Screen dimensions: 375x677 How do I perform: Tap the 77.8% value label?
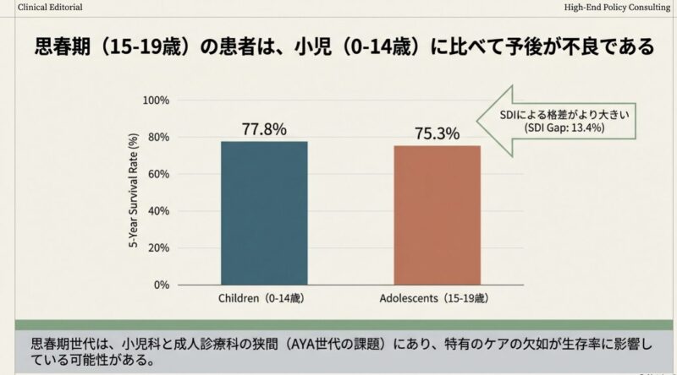[264, 129]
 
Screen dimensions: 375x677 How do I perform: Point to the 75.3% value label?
[437, 133]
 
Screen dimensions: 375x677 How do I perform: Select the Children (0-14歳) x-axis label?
[264, 300]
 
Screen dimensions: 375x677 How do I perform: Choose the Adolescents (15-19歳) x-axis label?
[437, 300]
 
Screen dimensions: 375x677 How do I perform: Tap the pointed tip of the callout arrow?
[476, 121]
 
